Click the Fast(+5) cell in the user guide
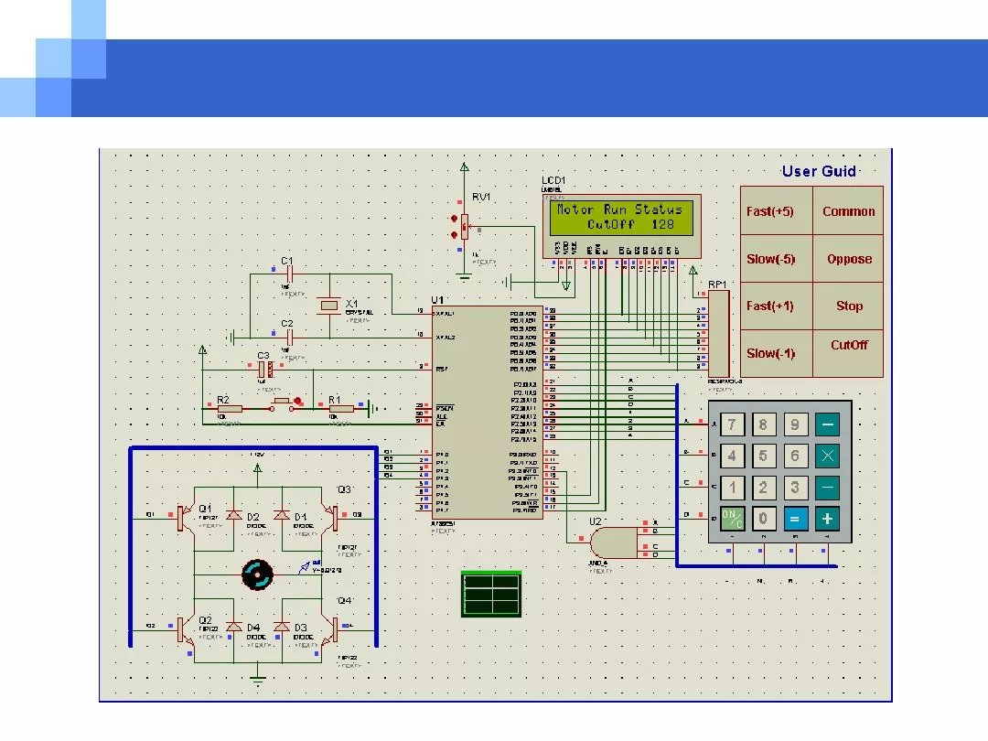[770, 211]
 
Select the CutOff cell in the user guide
[849, 346]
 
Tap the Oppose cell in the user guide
[849, 259]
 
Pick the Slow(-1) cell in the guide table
[770, 353]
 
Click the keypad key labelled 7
[731, 424]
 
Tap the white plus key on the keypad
[827, 519]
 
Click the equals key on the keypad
[794, 519]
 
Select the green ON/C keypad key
[732, 519]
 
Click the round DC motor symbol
[257, 575]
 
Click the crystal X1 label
[351, 304]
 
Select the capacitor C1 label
[286, 262]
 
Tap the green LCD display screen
[624, 218]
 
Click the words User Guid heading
[819, 171]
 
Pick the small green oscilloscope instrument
[492, 593]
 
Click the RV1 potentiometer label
[481, 198]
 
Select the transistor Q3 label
[344, 489]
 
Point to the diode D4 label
[253, 628]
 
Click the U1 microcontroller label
[437, 300]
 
